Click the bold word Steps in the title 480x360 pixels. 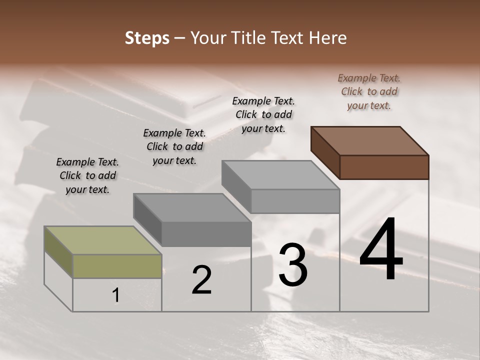pyautogui.click(x=147, y=38)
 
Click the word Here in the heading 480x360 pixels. pyautogui.click(x=327, y=38)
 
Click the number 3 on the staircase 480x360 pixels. pyautogui.click(x=293, y=264)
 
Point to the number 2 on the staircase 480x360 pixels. pyautogui.click(x=202, y=280)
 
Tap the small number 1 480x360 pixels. pyautogui.click(x=116, y=295)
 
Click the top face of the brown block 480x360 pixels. pyautogui.click(x=370, y=140)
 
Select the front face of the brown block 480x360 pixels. pyautogui.click(x=384, y=167)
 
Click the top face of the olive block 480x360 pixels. pyautogui.click(x=103, y=240)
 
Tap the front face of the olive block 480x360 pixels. pyautogui.click(x=117, y=266)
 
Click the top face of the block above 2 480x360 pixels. pyautogui.click(x=192, y=207)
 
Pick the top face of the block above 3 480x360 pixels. pyautogui.click(x=281, y=174)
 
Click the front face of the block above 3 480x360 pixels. pyautogui.click(x=295, y=201)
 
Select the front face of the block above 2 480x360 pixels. pyautogui.click(x=206, y=234)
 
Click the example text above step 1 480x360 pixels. pyautogui.click(x=87, y=175)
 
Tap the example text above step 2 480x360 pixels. pyautogui.click(x=174, y=146)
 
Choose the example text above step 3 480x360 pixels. pyautogui.click(x=263, y=114)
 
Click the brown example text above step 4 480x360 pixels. pyautogui.click(x=369, y=91)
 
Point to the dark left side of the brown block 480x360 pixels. pyautogui.click(x=325, y=152)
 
